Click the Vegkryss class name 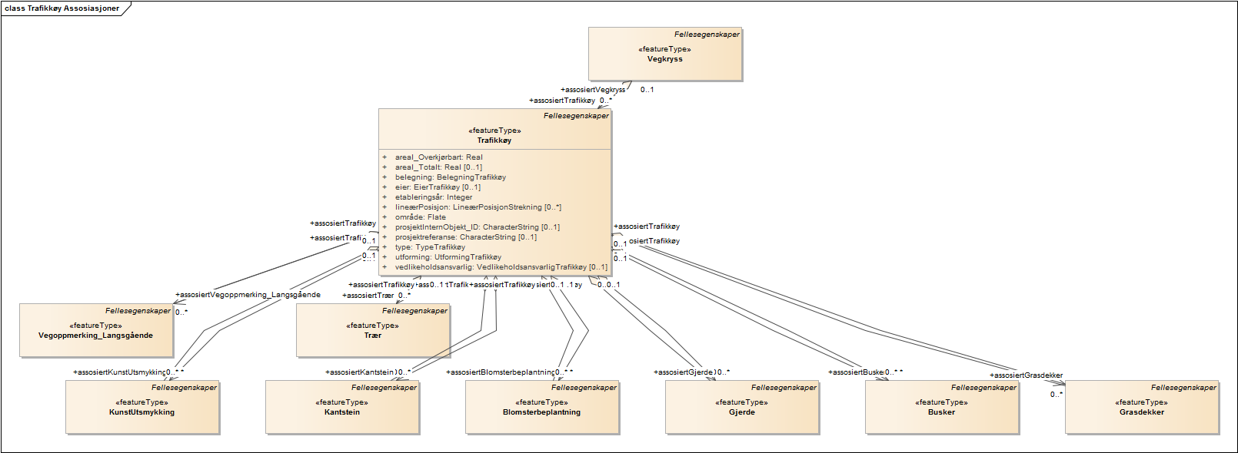click(x=664, y=59)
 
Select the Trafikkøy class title click(x=494, y=141)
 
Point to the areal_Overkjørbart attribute click(x=438, y=157)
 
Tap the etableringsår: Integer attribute click(x=434, y=197)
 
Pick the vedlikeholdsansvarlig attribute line click(x=501, y=267)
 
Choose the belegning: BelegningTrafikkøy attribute click(x=450, y=177)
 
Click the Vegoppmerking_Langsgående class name click(x=95, y=336)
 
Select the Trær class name click(x=372, y=336)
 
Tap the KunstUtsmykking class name click(x=141, y=412)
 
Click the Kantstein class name click(x=341, y=412)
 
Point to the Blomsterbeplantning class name click(x=541, y=412)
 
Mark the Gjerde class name click(x=741, y=412)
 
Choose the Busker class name click(x=941, y=412)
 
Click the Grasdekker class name click(x=1141, y=412)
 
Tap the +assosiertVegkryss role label click(x=593, y=90)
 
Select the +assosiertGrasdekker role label click(x=1026, y=375)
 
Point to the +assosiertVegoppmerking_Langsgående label click(x=248, y=295)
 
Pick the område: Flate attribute click(x=420, y=217)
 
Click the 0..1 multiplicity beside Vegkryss click(x=647, y=90)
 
